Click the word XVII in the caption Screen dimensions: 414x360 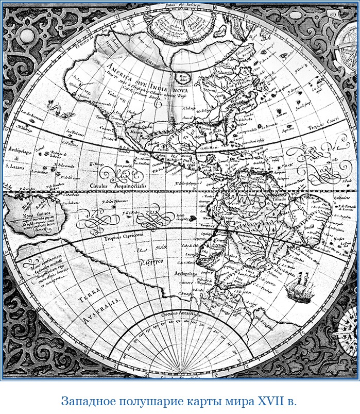(265, 401)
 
